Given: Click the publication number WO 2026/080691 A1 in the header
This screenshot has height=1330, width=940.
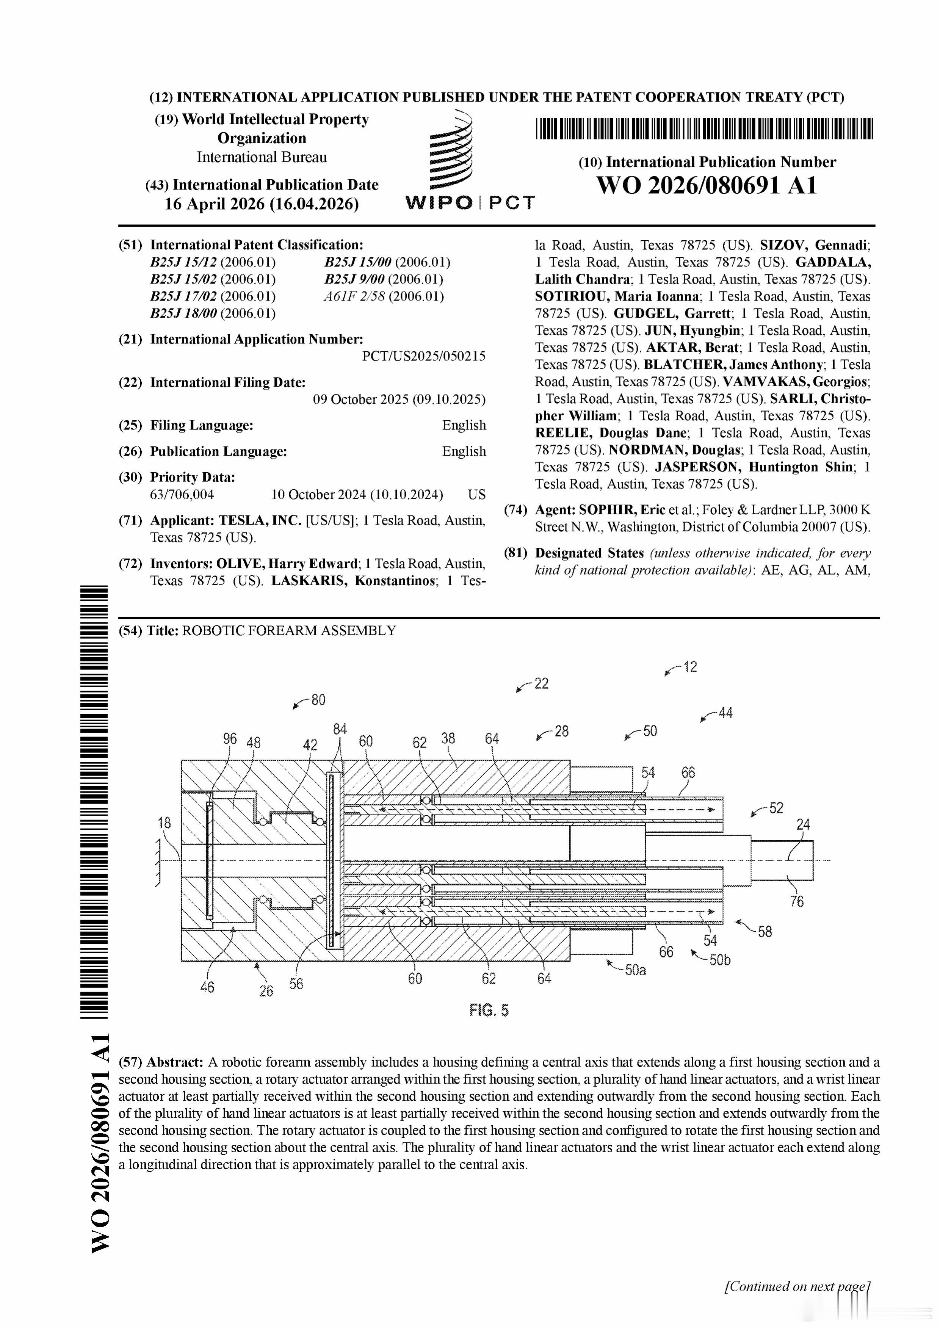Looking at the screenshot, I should [707, 185].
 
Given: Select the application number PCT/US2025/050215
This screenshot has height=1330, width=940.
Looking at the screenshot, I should [423, 356].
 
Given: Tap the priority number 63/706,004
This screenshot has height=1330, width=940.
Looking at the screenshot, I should [182, 495].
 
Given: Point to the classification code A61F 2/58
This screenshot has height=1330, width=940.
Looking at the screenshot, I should [354, 296].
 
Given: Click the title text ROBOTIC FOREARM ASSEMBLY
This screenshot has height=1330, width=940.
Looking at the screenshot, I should [289, 631].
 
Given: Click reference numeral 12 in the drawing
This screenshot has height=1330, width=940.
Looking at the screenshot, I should [690, 667].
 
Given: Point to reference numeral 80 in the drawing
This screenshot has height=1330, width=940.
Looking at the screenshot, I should [318, 700].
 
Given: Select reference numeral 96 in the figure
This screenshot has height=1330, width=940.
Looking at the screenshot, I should [230, 739].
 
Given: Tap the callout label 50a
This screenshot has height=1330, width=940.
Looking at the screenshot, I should [635, 970].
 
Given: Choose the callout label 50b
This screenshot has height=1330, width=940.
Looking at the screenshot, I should [719, 960].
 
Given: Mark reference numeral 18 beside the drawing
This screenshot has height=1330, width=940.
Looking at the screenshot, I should [164, 822].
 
